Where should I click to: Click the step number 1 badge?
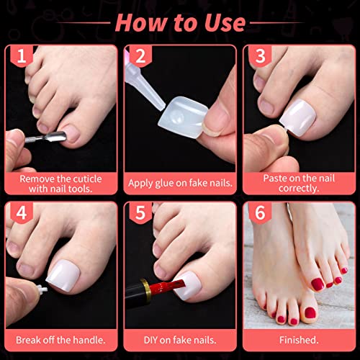click(x=22, y=56)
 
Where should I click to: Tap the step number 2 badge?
click(x=140, y=56)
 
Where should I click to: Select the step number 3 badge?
click(x=260, y=56)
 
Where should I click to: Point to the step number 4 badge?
click(x=22, y=212)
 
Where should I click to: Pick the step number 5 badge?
click(x=140, y=212)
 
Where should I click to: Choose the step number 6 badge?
click(x=260, y=212)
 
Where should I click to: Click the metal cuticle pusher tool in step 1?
click(x=45, y=138)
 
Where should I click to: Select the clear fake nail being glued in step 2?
click(x=182, y=117)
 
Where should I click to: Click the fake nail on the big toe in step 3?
click(x=298, y=118)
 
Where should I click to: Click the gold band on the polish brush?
click(x=146, y=289)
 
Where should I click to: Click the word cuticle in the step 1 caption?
click(x=87, y=179)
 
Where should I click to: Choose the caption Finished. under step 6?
click(x=299, y=340)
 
